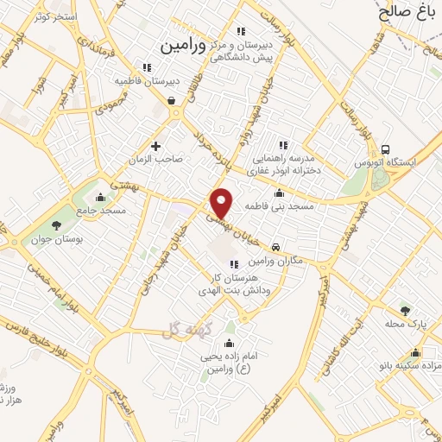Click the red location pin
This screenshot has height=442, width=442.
pos(222,203)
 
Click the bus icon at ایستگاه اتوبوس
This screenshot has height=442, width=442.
pos(384,148)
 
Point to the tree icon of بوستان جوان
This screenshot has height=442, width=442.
pos(56,225)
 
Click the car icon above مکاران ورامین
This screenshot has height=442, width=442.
pos(275,246)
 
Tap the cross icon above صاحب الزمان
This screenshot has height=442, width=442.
pos(156,146)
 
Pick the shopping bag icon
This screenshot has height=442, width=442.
pos(172,100)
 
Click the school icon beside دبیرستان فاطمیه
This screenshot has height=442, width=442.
pos(147,67)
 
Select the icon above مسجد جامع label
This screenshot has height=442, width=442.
pos(102,196)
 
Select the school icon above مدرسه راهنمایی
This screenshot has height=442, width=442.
pos(282,144)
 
